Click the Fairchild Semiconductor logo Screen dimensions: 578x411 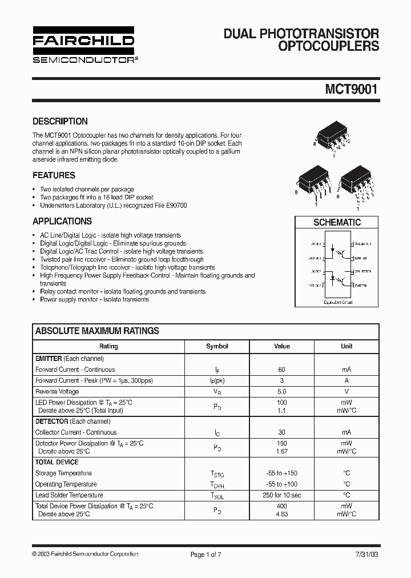tap(83, 44)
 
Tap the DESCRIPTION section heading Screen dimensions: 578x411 tap(60, 121)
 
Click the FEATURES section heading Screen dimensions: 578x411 tap(54, 175)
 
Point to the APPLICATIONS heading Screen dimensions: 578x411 tap(62, 221)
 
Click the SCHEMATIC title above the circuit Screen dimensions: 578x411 tap(337, 222)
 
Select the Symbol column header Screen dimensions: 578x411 tap(217, 346)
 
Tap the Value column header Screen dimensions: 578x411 tap(282, 346)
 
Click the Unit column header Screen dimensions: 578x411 tap(346, 346)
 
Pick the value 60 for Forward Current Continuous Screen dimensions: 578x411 tap(282, 370)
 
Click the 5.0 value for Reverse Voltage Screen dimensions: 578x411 tap(282, 392)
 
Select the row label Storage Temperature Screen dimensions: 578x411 tap(63, 473)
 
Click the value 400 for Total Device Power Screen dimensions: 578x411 tap(282, 506)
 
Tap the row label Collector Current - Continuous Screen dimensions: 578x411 tap(76, 432)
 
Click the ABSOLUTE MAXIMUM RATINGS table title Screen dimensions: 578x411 tap(97, 331)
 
